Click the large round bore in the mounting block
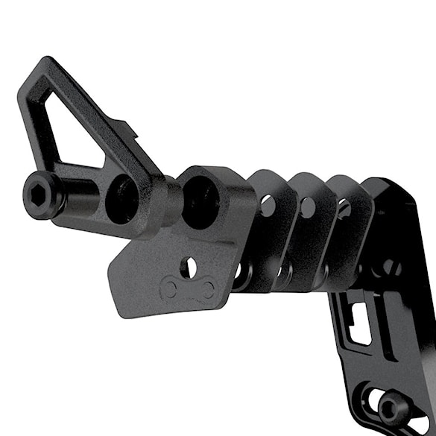coord(200,199)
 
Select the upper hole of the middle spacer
coord(308,207)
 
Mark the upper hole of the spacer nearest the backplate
coord(344,209)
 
